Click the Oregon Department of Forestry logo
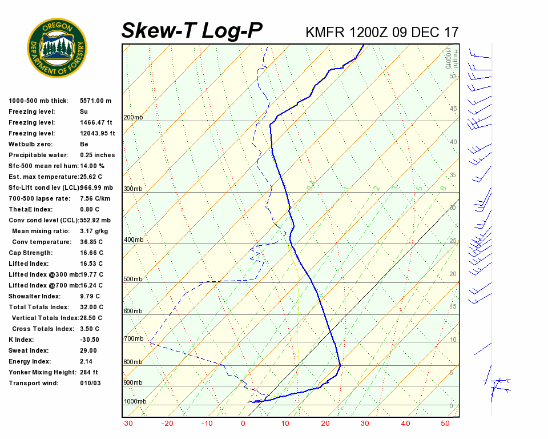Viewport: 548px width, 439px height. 57,48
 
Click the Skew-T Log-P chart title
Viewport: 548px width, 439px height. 192,31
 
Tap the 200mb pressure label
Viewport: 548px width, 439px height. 133,118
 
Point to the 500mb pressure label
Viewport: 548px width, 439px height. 133,280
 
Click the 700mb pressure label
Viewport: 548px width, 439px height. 133,339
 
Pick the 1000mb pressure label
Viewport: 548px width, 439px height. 135,401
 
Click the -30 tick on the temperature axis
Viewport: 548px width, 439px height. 127,424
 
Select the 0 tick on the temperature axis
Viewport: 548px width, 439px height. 243,424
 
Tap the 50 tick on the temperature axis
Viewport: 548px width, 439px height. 446,424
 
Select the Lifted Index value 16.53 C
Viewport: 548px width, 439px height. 91,264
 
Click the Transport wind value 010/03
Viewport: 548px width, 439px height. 90,383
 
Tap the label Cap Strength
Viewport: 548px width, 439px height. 31,253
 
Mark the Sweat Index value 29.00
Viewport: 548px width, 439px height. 88,350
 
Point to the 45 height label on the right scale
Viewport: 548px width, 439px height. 453,109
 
